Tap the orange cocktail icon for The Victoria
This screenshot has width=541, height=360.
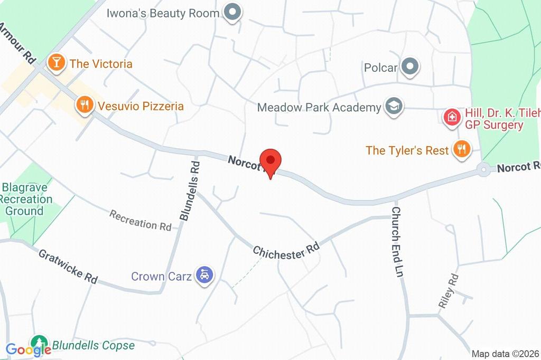55,63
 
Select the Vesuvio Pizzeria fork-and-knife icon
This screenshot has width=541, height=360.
84,105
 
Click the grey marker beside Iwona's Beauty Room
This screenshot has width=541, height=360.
231,13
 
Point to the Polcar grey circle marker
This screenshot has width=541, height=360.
409,67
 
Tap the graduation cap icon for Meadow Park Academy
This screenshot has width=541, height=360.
393,107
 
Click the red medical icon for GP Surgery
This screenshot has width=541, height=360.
452,116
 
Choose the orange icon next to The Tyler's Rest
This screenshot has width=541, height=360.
461,149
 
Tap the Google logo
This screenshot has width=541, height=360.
29,349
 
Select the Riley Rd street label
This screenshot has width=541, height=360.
447,291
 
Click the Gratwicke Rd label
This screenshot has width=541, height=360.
68,266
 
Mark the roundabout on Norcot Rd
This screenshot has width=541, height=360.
482,170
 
